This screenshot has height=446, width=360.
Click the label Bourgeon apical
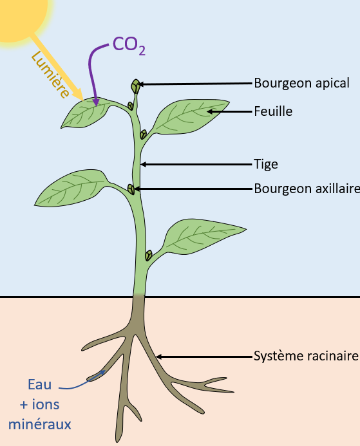[301, 83]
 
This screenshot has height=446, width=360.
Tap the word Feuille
[273, 111]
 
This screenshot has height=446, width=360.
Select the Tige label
[266, 164]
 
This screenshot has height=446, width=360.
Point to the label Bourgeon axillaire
[307, 189]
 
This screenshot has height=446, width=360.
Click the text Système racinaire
[306, 356]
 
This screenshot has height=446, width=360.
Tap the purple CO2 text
[129, 46]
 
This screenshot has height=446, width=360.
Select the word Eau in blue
[40, 385]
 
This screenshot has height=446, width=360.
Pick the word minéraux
[39, 424]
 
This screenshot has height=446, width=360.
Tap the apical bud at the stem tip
[135, 86]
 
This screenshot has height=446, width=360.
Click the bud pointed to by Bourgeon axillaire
[131, 189]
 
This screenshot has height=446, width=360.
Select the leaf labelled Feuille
[190, 116]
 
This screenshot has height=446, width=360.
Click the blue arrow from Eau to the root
[82, 382]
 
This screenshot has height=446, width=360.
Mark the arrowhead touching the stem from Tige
[143, 164]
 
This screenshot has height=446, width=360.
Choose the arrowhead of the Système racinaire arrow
[159, 357]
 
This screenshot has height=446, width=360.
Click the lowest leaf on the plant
[204, 236]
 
